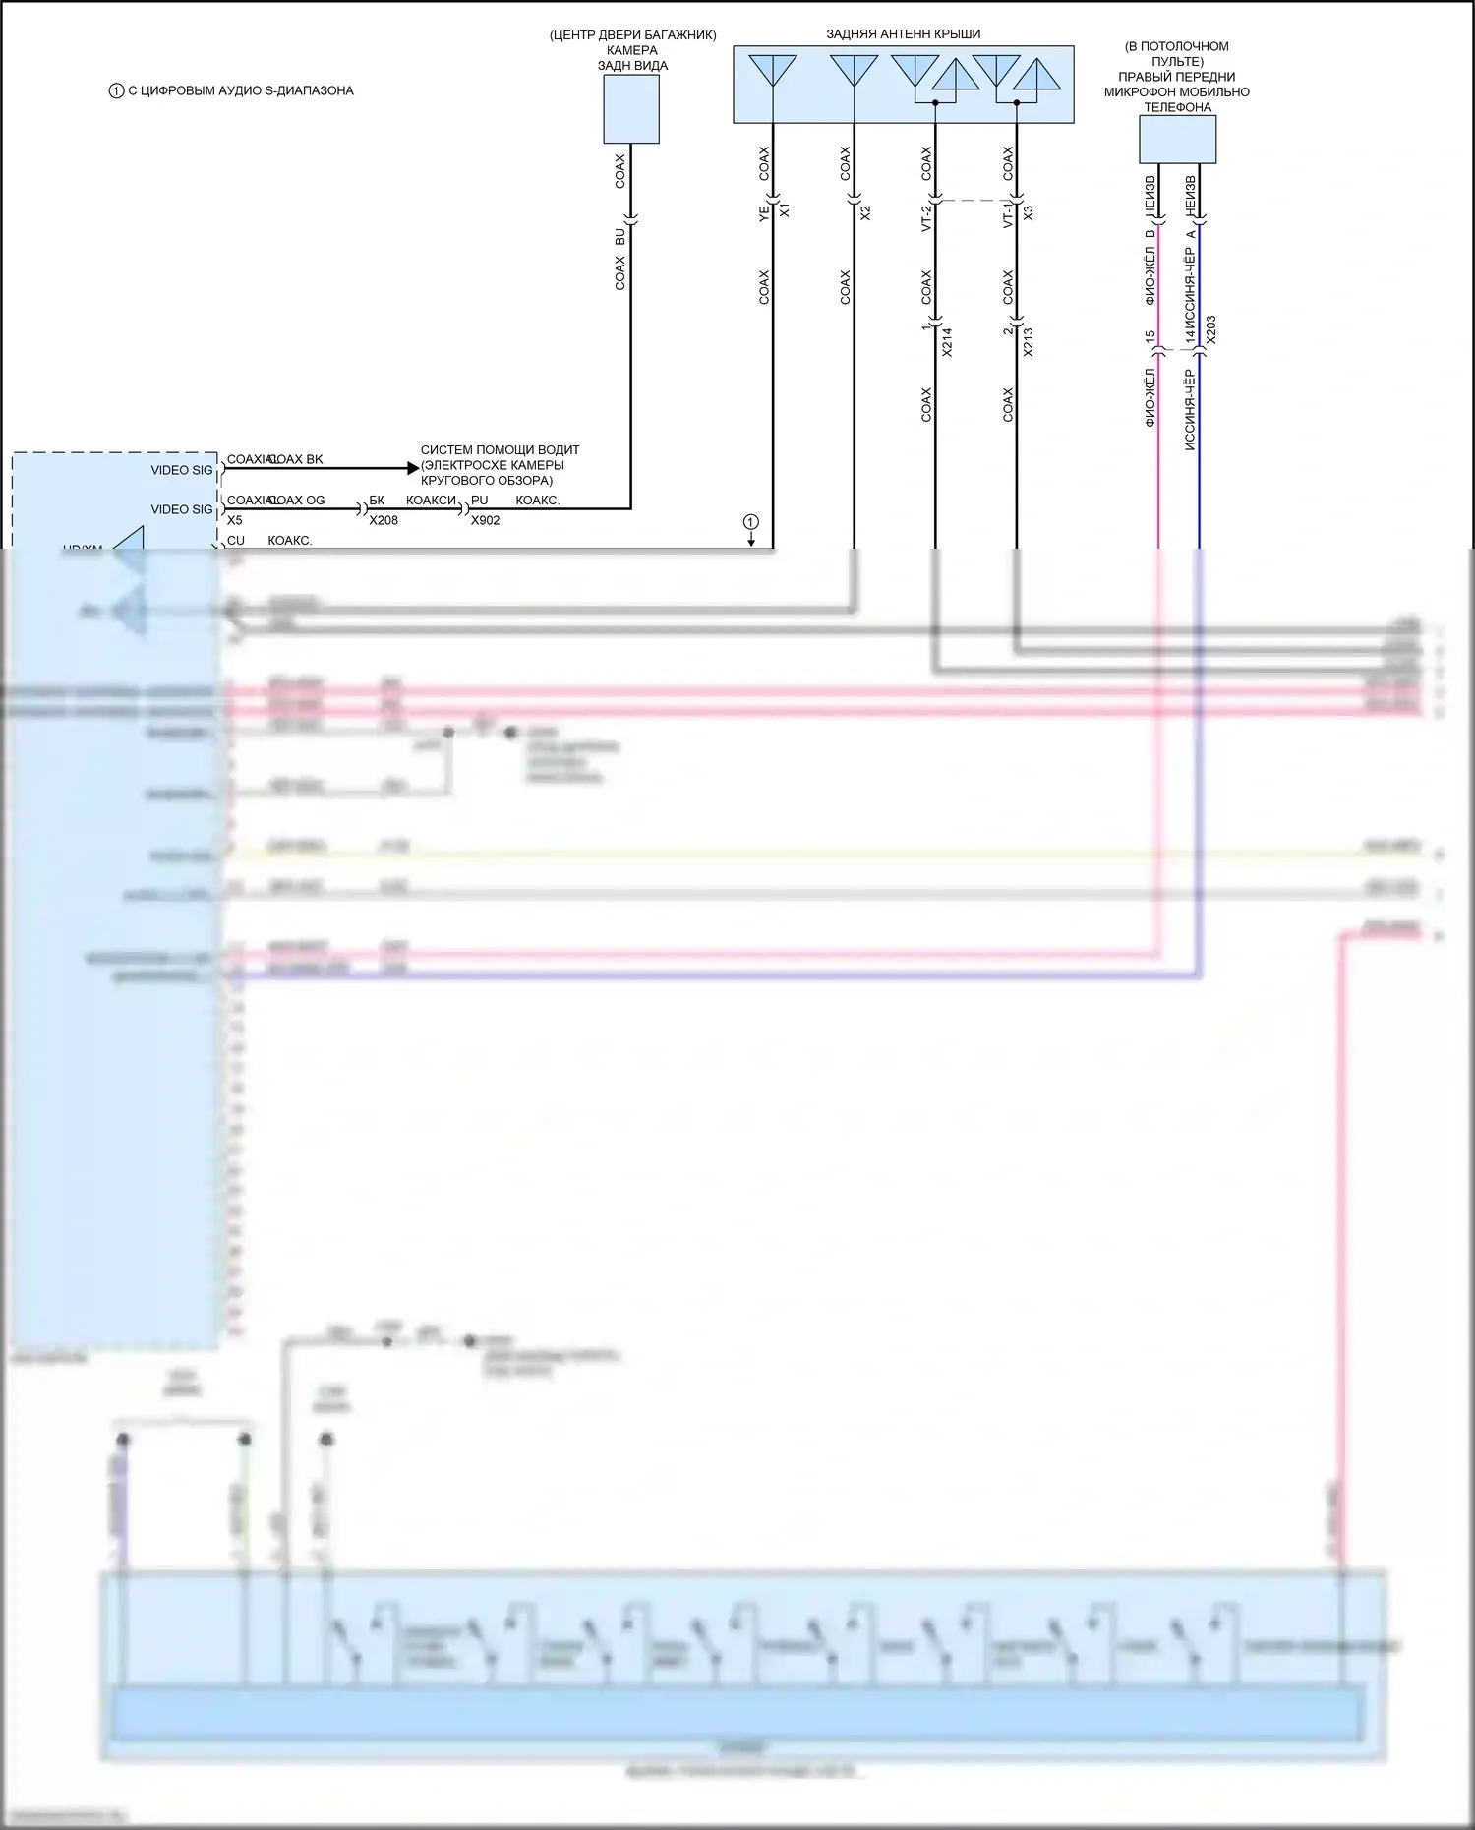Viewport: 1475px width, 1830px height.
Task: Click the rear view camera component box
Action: coord(630,109)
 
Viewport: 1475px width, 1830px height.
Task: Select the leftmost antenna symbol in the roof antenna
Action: coord(773,71)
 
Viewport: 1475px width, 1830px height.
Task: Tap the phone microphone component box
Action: coord(1177,139)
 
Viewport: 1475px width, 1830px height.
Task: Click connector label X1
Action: coord(785,210)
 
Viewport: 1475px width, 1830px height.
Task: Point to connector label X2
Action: coord(866,211)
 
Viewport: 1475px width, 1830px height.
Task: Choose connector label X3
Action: coord(1029,211)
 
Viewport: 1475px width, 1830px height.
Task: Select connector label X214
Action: coord(947,341)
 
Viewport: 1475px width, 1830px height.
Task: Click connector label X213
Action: coord(1029,341)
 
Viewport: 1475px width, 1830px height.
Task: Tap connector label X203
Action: coord(1211,329)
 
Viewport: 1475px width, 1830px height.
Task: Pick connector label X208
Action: coord(383,520)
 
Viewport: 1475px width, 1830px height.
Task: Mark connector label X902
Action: coord(485,520)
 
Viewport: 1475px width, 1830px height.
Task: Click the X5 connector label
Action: coord(235,520)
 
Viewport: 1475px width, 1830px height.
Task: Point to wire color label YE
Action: coord(764,211)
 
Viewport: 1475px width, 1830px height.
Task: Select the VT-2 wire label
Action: coord(926,216)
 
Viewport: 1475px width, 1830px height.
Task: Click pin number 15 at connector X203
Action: coord(1150,337)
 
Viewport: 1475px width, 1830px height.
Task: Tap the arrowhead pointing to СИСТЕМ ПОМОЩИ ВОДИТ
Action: coord(413,469)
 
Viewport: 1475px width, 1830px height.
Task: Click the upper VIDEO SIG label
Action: coord(181,470)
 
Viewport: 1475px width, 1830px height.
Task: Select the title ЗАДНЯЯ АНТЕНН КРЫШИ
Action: coord(903,34)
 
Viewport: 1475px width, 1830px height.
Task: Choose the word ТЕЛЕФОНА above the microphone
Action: coord(1177,107)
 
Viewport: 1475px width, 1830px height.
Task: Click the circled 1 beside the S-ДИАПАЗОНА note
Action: coord(116,90)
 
